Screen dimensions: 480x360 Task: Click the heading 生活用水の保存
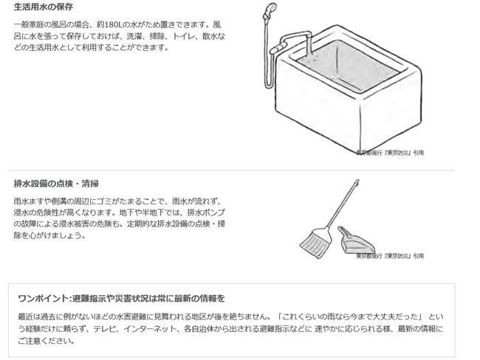44,7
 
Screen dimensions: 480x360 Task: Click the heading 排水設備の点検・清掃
56,184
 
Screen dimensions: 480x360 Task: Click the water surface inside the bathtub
349,66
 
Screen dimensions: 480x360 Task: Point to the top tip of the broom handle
358,181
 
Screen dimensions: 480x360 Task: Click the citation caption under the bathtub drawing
390,153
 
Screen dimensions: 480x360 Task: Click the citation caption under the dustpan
390,256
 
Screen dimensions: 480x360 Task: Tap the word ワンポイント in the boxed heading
44,299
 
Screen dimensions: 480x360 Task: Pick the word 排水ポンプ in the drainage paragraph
206,212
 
